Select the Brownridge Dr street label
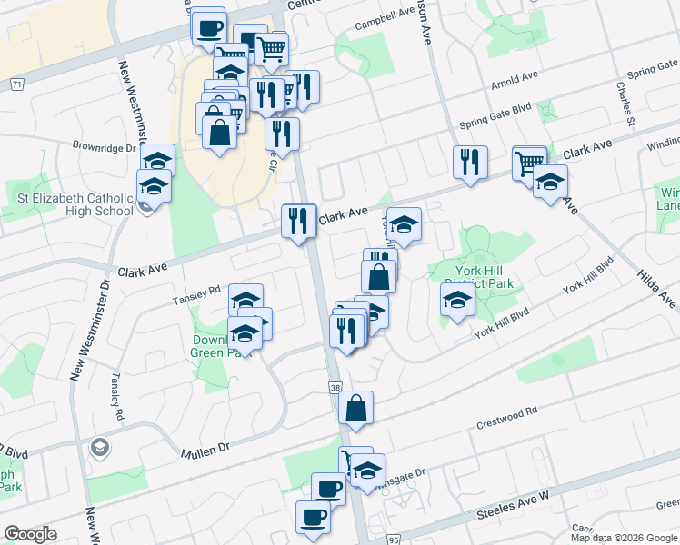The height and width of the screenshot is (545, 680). [105, 146]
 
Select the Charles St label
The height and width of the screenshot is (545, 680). [625, 104]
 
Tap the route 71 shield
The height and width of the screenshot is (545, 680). [16, 83]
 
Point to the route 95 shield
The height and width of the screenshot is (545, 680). [393, 539]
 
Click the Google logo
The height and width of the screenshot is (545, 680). [30, 533]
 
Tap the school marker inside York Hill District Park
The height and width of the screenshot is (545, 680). [457, 299]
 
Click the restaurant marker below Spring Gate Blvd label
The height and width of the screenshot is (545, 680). [470, 161]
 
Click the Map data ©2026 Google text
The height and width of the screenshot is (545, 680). [624, 537]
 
